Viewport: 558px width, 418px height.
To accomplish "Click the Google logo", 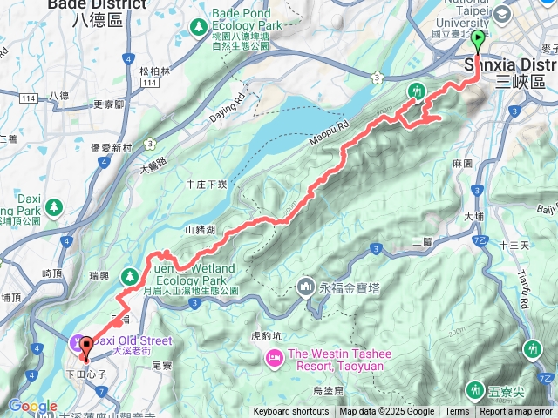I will point(32,406).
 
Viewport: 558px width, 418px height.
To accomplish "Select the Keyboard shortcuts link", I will point(291,412).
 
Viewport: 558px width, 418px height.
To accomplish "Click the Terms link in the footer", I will point(457,412).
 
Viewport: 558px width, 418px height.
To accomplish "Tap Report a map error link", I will point(516,412).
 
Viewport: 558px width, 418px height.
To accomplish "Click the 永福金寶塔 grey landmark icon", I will point(307,285).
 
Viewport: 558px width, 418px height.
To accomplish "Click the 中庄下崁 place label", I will point(206,184).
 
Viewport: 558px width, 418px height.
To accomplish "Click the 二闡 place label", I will point(422,241).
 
